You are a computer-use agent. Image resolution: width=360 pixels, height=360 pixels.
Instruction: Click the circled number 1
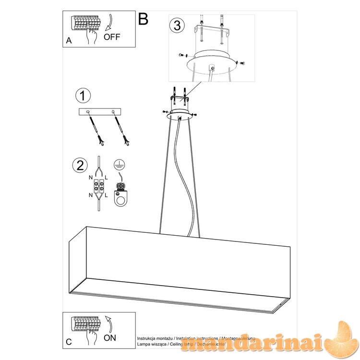(x=83, y=96)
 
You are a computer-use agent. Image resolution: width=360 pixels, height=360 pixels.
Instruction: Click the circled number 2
(x=79, y=165)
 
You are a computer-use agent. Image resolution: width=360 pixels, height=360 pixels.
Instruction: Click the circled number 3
(x=177, y=26)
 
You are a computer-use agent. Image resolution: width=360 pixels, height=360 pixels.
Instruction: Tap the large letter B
(x=143, y=19)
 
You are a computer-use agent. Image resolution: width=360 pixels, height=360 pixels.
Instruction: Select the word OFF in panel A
(x=112, y=37)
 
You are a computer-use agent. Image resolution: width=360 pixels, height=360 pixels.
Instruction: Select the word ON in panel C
(x=110, y=337)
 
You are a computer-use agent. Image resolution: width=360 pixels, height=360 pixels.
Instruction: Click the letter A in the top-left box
(x=69, y=41)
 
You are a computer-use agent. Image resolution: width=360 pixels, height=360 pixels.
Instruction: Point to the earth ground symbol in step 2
(x=118, y=165)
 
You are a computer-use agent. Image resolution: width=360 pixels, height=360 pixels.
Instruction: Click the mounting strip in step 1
(x=100, y=112)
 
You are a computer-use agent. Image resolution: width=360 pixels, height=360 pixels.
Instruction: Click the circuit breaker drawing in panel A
(x=87, y=24)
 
